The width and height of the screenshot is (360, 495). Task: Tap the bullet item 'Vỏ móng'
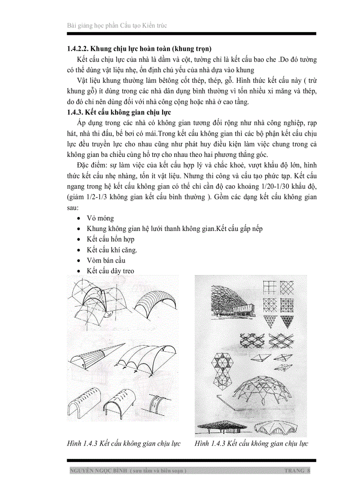pos(100,218)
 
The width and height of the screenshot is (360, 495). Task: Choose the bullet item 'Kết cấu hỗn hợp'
pos(111,239)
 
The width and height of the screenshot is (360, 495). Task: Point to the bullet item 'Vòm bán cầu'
pos(106,260)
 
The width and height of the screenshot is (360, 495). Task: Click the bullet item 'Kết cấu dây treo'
pos(111,271)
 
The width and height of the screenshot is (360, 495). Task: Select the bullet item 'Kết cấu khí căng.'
pos(112,249)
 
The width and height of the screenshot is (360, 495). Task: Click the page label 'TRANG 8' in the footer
pos(297,471)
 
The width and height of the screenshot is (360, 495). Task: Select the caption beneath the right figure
pos(251,443)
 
